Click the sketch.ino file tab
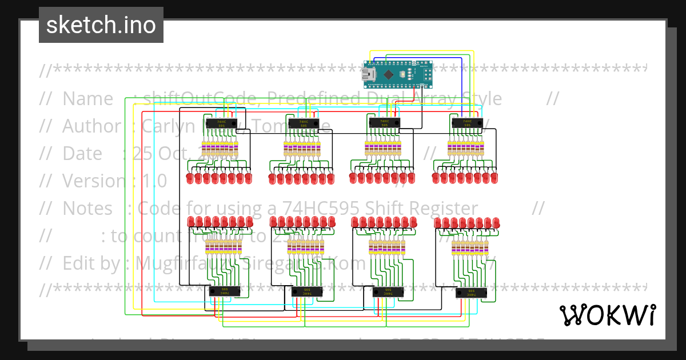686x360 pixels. click(101, 25)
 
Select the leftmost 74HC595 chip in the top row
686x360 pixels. click(222, 123)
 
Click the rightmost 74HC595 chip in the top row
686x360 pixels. click(467, 122)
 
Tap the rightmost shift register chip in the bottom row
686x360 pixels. click(471, 293)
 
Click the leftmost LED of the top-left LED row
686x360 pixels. click(190, 179)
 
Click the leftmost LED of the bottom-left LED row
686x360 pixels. click(191, 222)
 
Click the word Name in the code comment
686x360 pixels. click(87, 99)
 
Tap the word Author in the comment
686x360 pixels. click(91, 126)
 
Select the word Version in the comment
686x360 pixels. click(95, 181)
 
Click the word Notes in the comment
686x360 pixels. click(87, 208)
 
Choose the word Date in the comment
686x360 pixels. click(83, 153)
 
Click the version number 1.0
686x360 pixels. click(154, 181)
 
